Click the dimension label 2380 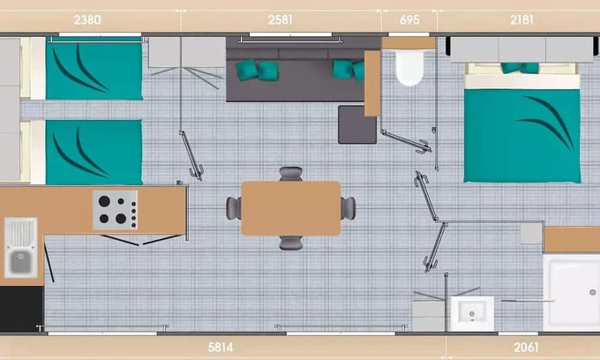coord(87,20)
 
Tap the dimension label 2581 coord(281,20)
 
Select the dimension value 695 coord(409,20)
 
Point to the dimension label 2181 coord(521,20)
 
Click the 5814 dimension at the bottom coord(221,348)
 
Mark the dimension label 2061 coord(526,348)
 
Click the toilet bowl coord(409,68)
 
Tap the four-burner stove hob coord(116,210)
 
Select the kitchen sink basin coord(20,262)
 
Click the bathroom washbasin coord(472,314)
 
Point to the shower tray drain coord(592,293)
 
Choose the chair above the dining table coord(291,174)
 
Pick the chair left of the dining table coord(234,208)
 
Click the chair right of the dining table coord(349,208)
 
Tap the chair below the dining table coord(291,244)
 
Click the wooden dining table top coord(291,208)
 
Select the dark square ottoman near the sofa coord(357,124)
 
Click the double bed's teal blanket coord(522,136)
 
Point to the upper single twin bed coord(94,69)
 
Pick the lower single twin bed coord(94,153)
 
